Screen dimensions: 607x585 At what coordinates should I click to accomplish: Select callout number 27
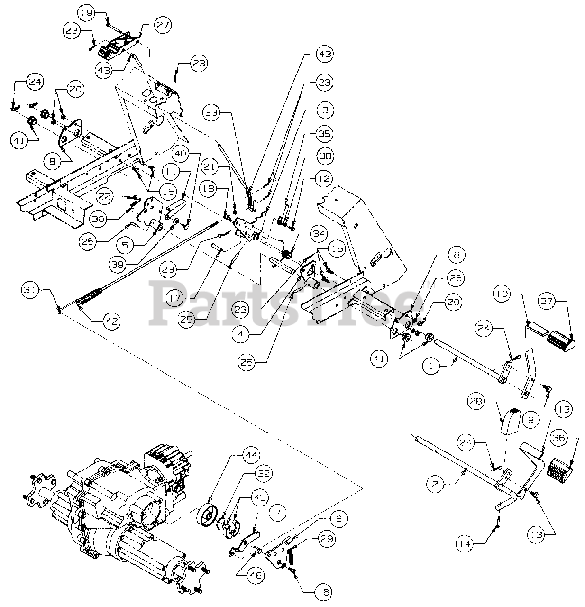(x=162, y=25)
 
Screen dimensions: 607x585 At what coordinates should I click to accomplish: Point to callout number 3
(x=325, y=110)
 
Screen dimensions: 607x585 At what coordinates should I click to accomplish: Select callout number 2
(x=437, y=484)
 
